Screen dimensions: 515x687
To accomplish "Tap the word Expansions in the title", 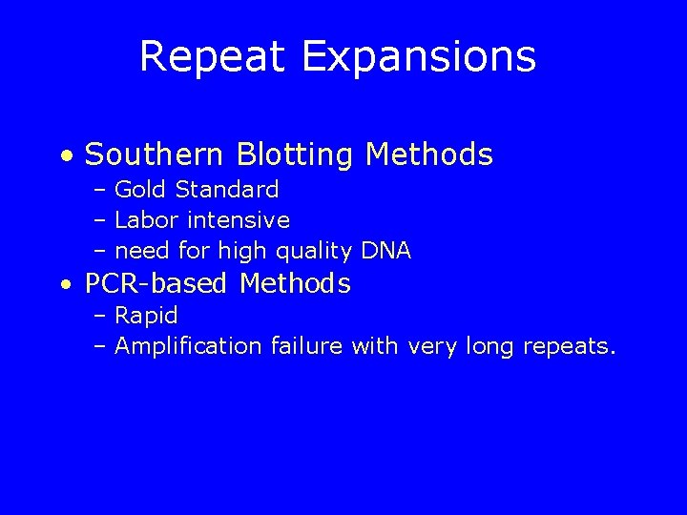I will pos(420,56).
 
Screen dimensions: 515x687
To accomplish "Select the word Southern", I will pos(153,154).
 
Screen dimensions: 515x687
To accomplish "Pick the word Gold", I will pos(139,189).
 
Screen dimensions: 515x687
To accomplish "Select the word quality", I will pos(314,252).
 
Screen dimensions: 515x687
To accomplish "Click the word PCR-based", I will pos(157,283).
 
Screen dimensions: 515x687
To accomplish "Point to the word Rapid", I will pos(146,315).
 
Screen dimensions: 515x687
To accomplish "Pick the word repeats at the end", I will pos(569,346).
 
